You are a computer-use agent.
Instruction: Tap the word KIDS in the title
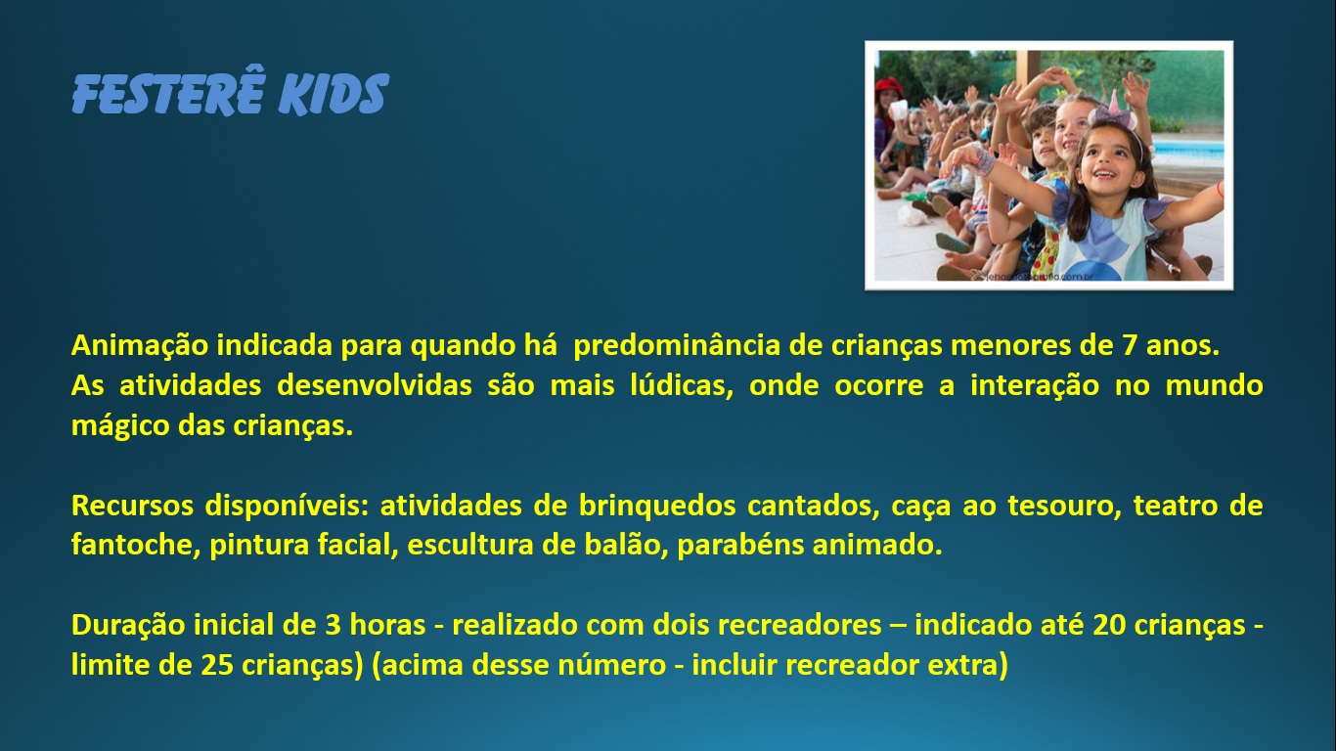coord(334,94)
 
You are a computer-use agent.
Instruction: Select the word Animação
coord(140,346)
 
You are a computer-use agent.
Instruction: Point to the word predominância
coord(677,347)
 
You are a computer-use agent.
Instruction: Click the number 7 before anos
coord(1129,346)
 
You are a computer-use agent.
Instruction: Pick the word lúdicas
coord(681,385)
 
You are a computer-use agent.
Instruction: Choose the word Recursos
coord(132,506)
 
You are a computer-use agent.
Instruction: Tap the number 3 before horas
coord(333,626)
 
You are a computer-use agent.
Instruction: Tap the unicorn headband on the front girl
coord(1114,112)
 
